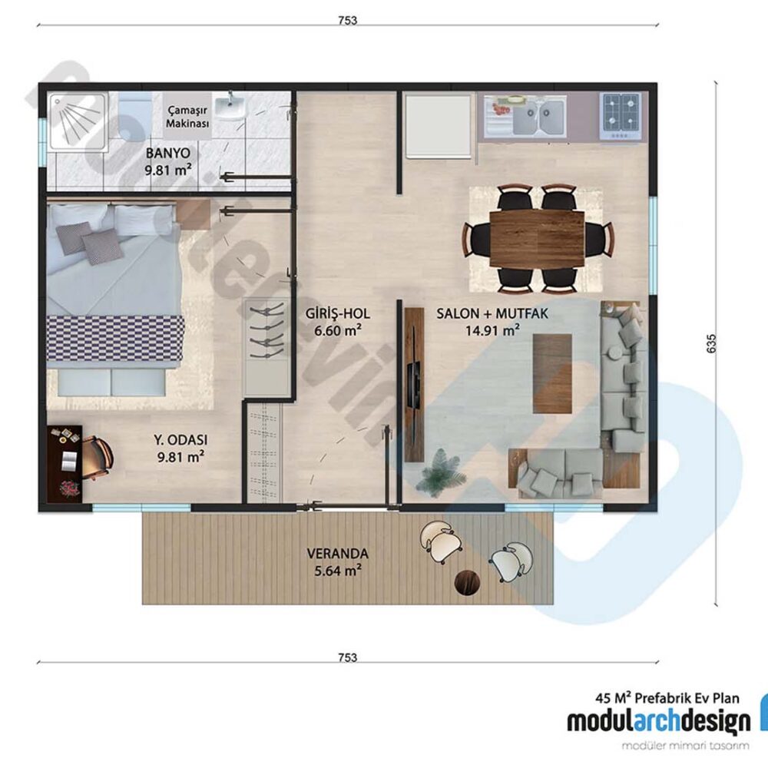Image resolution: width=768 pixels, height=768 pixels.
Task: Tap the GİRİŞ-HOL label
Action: coord(338,314)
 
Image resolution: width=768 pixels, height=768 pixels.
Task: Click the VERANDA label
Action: coord(337,553)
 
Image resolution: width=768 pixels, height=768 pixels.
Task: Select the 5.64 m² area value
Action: coord(337,571)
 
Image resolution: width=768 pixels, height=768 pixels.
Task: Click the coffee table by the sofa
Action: coord(552,372)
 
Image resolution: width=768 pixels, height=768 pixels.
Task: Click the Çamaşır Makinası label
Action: coord(188,117)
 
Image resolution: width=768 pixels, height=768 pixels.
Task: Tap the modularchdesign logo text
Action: coord(658,721)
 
